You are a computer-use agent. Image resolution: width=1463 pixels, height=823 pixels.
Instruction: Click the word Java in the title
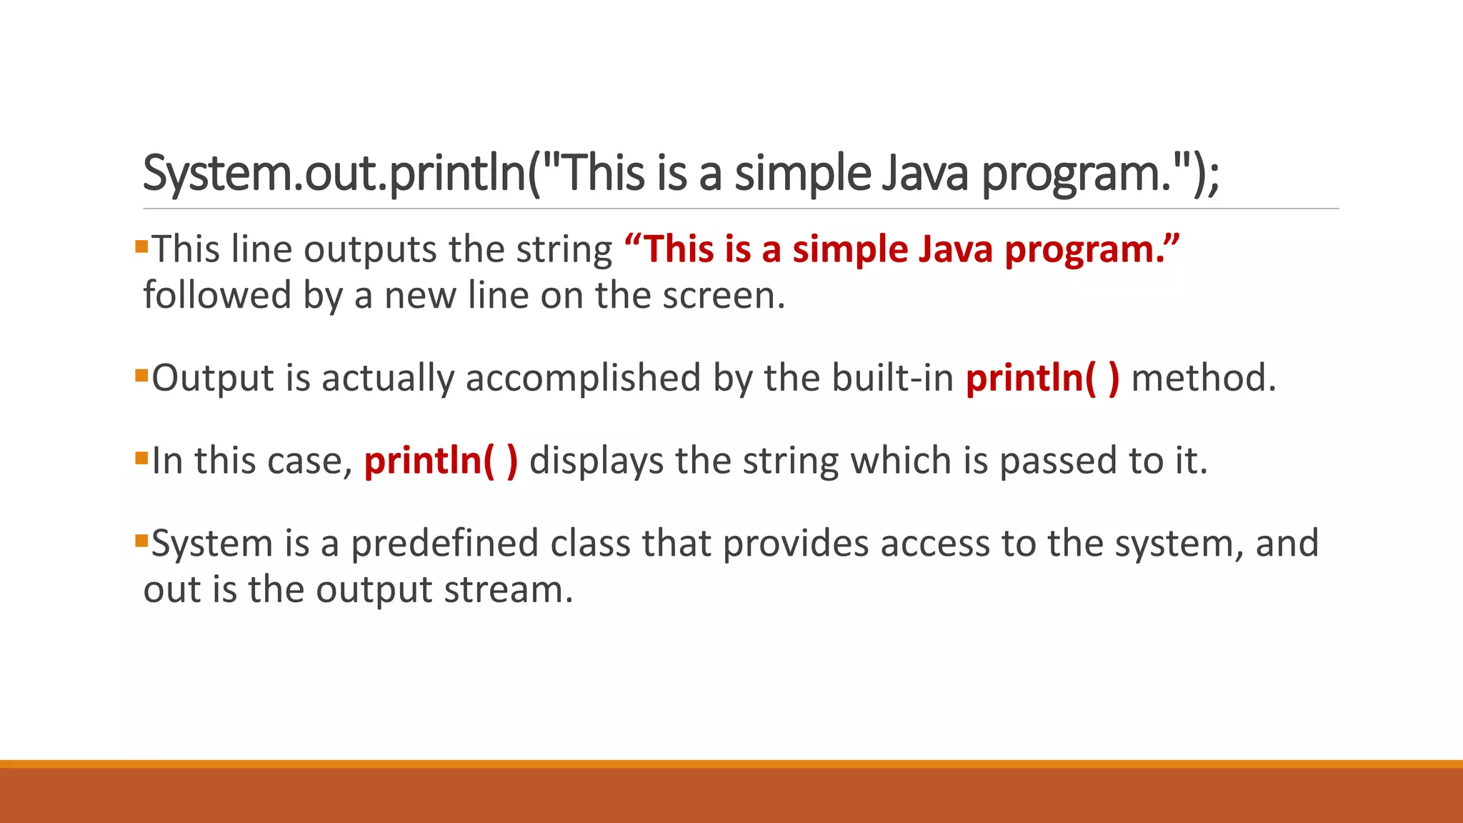click(x=925, y=174)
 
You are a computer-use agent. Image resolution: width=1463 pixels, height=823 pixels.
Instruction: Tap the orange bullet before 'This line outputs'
click(x=141, y=247)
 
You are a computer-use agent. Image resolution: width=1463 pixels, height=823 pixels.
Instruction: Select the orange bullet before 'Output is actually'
click(x=141, y=375)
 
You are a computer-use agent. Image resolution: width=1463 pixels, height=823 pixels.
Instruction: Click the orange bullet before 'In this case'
click(x=141, y=458)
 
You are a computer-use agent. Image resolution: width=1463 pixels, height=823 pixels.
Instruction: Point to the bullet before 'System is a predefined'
click(x=141, y=540)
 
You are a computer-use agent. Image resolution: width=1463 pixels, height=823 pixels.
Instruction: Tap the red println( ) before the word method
click(x=1042, y=378)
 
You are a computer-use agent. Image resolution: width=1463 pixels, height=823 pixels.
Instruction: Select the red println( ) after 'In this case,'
click(x=441, y=461)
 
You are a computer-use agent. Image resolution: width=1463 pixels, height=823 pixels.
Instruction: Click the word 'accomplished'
click(x=583, y=378)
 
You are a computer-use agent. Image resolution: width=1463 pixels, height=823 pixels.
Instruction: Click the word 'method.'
click(x=1203, y=378)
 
